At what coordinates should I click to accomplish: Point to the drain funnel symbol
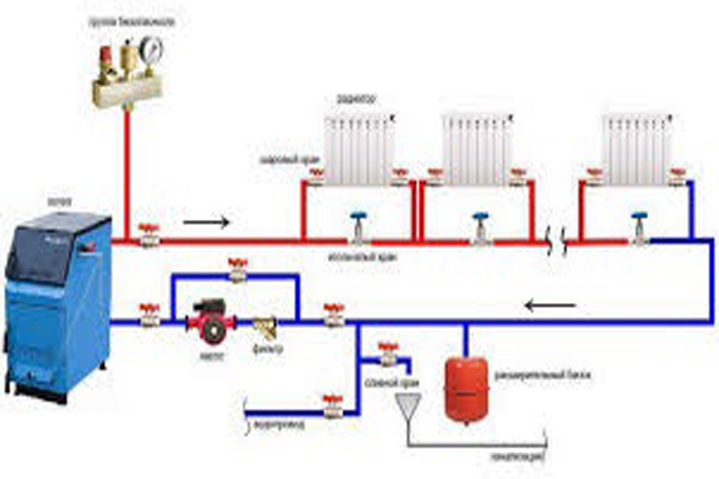[407, 405]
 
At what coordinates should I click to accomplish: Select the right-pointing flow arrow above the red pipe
[204, 222]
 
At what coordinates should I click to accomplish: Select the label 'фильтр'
[267, 349]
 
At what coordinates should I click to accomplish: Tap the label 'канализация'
[516, 457]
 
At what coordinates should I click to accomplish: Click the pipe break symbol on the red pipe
[555, 242]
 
